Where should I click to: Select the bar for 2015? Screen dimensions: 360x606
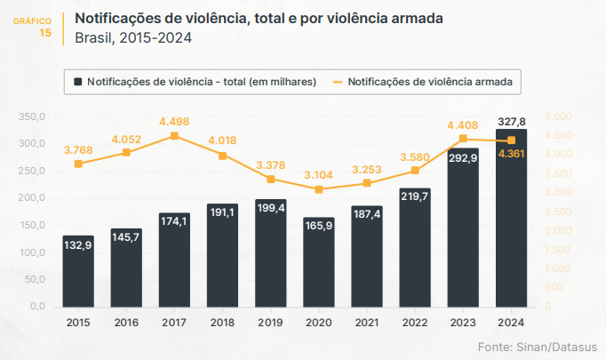[78, 271]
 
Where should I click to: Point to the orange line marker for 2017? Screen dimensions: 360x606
[174, 136]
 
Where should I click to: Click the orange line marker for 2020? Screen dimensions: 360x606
[319, 189]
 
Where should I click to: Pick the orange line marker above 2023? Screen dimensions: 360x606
[463, 139]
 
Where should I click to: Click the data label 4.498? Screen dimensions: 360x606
[174, 122]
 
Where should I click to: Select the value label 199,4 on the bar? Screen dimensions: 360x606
[270, 207]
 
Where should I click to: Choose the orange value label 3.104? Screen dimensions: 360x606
[319, 175]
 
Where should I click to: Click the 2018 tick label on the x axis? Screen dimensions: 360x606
[222, 322]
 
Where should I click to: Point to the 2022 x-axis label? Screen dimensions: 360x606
[415, 322]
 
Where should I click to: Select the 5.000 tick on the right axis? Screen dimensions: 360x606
[559, 116]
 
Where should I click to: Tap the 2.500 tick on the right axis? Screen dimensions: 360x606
[559, 212]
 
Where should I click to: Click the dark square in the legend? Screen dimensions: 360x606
[78, 82]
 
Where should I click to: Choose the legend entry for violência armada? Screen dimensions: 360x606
[430, 82]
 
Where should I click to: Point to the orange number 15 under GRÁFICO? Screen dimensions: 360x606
[46, 32]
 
